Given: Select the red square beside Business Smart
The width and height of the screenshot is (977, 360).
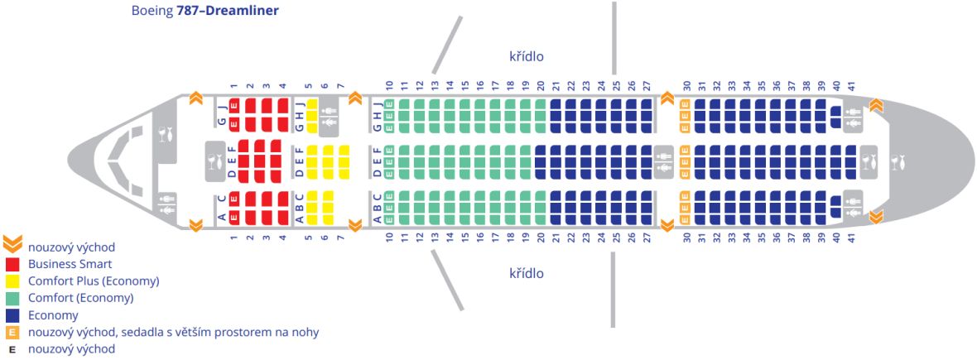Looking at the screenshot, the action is tap(12, 264).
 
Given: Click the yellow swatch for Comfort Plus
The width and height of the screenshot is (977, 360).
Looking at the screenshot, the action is tap(12, 281).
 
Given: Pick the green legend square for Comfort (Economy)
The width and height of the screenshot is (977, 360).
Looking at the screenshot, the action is tap(12, 298).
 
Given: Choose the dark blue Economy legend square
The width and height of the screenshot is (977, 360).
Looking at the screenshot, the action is tap(12, 315).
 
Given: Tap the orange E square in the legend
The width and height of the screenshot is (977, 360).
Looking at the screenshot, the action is tap(12, 332).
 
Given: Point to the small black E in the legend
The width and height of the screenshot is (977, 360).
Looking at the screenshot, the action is tap(12, 349).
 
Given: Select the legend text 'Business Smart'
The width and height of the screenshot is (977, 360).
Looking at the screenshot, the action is tap(70, 264).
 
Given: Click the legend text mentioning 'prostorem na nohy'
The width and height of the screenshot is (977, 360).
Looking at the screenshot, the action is tap(173, 332).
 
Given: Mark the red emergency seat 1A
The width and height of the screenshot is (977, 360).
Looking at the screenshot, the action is tap(234, 218).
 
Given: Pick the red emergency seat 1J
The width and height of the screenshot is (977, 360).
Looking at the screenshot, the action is tap(234, 105).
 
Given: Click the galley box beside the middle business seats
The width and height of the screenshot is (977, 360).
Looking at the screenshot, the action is tap(215, 161).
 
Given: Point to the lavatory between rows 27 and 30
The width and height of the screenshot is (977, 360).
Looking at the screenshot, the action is tap(662, 161).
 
